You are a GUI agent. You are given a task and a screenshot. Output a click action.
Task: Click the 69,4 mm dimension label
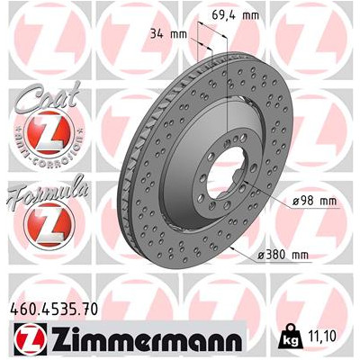[x=235, y=14]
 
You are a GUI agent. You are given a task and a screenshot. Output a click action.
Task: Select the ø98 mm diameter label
[x=314, y=201]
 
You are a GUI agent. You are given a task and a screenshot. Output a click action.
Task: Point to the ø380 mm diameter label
[x=283, y=255]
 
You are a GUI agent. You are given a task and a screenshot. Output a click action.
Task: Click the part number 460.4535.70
[x=54, y=309]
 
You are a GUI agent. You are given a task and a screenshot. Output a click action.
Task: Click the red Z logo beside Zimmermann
[x=31, y=338]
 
